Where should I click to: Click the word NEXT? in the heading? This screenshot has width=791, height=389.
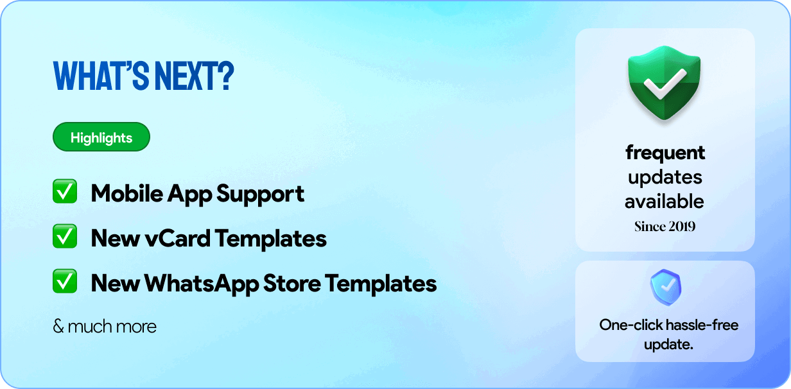(194, 76)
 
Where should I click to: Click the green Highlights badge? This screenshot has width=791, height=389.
(101, 137)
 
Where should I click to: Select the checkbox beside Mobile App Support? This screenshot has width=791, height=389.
(65, 191)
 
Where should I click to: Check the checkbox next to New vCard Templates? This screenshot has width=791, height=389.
(65, 236)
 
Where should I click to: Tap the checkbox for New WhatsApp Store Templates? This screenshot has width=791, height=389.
(65, 281)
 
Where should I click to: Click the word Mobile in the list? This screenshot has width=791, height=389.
(126, 193)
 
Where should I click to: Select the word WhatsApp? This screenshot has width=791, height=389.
(202, 284)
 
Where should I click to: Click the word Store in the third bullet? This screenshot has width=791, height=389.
(292, 284)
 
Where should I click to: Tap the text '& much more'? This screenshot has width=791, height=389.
(105, 326)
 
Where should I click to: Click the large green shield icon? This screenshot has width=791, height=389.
(665, 83)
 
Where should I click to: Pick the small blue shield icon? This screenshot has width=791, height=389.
(666, 287)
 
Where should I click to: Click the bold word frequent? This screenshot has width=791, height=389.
(665, 153)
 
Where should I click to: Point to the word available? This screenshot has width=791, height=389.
(665, 201)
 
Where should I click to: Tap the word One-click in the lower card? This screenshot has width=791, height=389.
(630, 325)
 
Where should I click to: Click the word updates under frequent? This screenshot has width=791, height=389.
(665, 178)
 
